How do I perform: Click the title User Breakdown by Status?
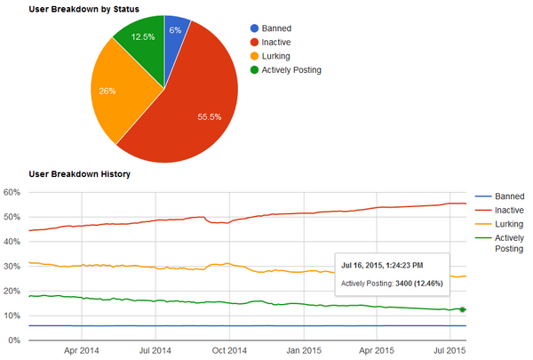click(x=84, y=7)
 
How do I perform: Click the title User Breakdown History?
click(x=80, y=173)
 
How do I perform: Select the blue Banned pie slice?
click(x=176, y=30)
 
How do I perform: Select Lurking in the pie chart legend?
click(x=282, y=55)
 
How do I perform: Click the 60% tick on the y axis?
click(x=12, y=192)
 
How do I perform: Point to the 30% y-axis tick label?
click(x=12, y=266)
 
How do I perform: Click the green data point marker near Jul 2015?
click(x=463, y=309)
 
